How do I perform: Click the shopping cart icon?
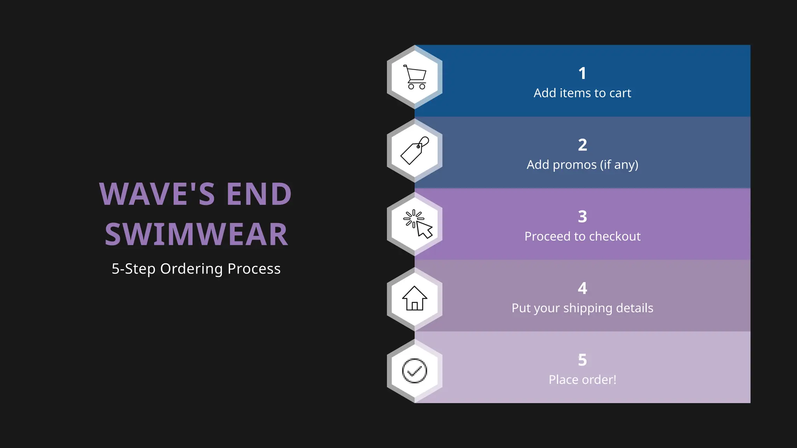[x=415, y=77]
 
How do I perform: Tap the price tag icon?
[x=415, y=150]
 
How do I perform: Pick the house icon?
[x=414, y=298]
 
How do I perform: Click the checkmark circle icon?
[x=414, y=371]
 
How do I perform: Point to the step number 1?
[x=582, y=73]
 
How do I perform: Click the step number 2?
[x=582, y=145]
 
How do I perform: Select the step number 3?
[x=582, y=217]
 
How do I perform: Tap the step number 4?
[x=582, y=288]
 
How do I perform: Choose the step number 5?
[x=582, y=360]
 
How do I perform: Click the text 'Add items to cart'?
[x=582, y=93]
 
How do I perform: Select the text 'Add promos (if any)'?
[x=582, y=165]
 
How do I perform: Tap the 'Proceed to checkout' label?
[x=582, y=236]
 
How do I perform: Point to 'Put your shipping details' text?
[x=582, y=308]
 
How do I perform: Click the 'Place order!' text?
[x=582, y=380]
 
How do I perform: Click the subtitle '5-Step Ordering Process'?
[x=196, y=269]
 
